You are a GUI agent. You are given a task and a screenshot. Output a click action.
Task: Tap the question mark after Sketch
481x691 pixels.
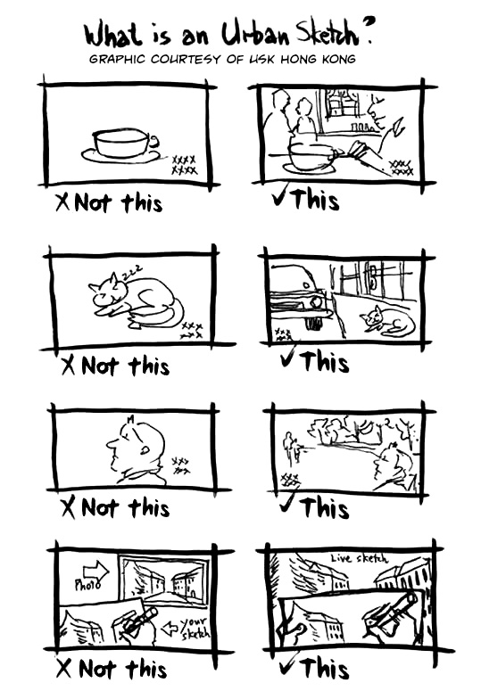tap(368, 29)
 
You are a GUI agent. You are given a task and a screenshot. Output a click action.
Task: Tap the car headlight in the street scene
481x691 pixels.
tap(317, 303)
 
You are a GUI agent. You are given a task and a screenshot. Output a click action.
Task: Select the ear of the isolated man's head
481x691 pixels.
tap(144, 449)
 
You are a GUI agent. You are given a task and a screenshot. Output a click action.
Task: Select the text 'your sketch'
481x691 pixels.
tap(195, 628)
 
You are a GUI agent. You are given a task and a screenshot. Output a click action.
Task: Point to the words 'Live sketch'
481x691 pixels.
tap(360, 558)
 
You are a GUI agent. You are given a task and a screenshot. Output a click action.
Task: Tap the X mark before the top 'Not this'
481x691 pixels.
tap(63, 202)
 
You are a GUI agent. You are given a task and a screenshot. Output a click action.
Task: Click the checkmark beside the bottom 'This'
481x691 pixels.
tap(289, 664)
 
